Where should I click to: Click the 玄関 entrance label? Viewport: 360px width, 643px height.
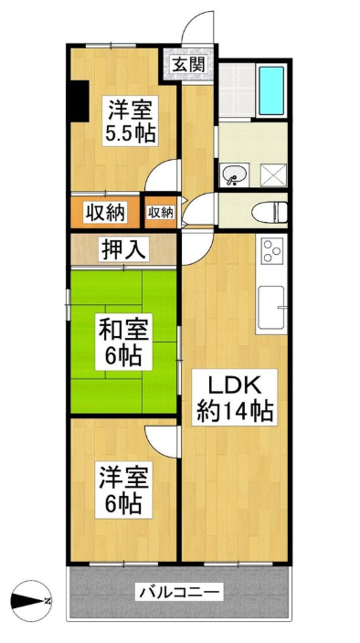[x=188, y=65]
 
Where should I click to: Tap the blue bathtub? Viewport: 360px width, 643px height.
[x=271, y=90]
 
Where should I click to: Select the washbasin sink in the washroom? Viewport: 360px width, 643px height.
[x=235, y=174]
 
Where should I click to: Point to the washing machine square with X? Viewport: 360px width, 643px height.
[x=272, y=175]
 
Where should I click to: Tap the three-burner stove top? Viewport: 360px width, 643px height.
[x=272, y=249]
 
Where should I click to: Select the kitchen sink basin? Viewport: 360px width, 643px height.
[x=271, y=307]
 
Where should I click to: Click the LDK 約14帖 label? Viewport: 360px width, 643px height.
[x=235, y=397]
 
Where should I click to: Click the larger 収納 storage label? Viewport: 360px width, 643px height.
[x=105, y=213]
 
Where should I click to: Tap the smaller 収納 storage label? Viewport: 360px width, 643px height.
[x=161, y=212]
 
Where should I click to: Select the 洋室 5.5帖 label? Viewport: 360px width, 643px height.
[x=130, y=121]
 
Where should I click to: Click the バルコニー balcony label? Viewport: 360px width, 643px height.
[x=181, y=592]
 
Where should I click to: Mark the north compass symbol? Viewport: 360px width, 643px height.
[x=31, y=601]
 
